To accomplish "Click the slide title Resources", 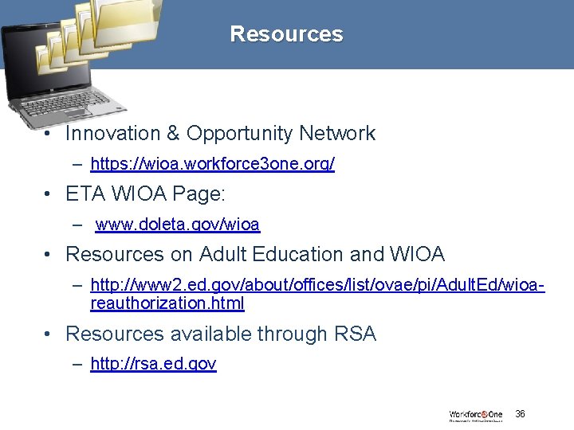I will pos(286,34).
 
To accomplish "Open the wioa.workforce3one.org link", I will pos(212,164).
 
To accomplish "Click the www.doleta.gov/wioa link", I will pos(177,225).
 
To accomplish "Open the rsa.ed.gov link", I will pos(153,364).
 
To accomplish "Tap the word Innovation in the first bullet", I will pos(112,134).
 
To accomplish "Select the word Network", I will pos(338,134).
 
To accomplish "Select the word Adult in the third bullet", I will pos(225,254).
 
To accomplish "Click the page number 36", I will pos(520,414).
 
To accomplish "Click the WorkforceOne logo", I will pos(475,415).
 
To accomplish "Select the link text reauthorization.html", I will pos(167,303).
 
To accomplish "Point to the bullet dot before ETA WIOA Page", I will pos(49,194).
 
